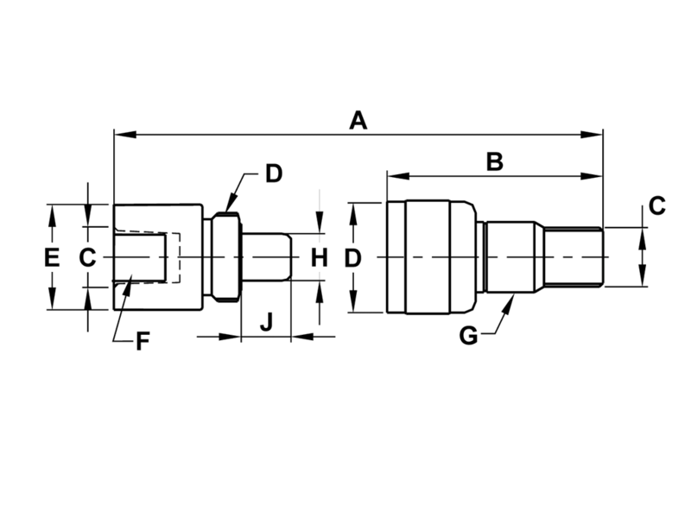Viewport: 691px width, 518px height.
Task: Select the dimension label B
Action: (x=493, y=161)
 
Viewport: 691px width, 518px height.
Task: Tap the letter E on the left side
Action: (x=52, y=257)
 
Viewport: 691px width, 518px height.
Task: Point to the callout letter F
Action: (x=143, y=341)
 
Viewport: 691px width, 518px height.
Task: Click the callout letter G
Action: (x=467, y=336)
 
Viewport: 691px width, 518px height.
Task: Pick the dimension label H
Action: (x=320, y=257)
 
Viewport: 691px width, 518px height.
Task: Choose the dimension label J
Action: (x=266, y=323)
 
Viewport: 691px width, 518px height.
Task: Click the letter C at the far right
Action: (x=656, y=206)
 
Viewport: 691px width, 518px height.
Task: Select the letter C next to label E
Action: (x=87, y=257)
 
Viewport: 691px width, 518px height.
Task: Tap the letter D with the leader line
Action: (x=273, y=174)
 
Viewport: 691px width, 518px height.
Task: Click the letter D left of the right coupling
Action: (x=352, y=257)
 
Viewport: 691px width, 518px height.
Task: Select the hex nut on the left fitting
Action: (x=225, y=257)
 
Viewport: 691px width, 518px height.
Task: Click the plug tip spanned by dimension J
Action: (x=268, y=257)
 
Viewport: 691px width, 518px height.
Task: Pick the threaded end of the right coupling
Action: (x=574, y=257)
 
